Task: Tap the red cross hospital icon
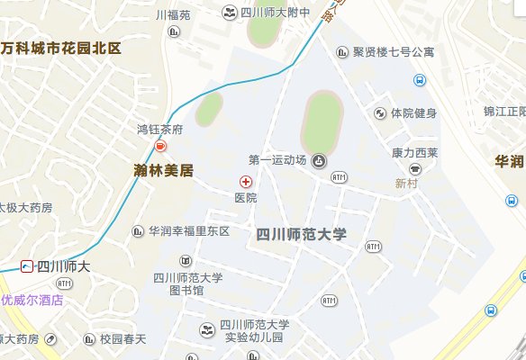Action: tap(245, 182)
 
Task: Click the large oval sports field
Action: tap(322, 121)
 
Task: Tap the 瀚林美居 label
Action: tap(159, 168)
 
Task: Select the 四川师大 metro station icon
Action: tap(28, 266)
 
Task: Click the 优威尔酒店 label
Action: tap(32, 300)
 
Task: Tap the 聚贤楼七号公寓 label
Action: tap(394, 52)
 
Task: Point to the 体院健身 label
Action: tap(413, 113)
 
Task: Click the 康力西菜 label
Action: tap(414, 153)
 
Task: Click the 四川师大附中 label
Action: tap(276, 13)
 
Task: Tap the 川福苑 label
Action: tap(173, 15)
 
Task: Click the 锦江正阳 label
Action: tap(503, 112)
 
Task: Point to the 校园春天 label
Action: tap(123, 339)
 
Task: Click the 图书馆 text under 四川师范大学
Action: tap(186, 291)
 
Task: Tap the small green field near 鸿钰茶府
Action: tap(209, 109)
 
